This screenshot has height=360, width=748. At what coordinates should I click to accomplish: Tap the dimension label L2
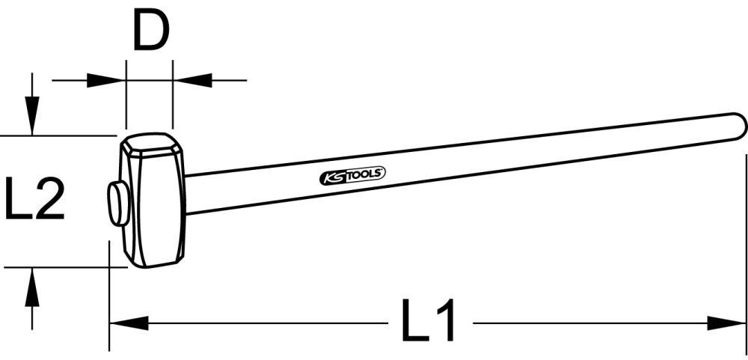(35, 198)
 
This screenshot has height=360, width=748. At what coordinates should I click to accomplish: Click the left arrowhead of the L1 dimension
(127, 323)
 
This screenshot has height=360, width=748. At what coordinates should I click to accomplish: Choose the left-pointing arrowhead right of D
(191, 79)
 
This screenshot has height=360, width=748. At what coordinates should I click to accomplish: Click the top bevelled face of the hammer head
(151, 143)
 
